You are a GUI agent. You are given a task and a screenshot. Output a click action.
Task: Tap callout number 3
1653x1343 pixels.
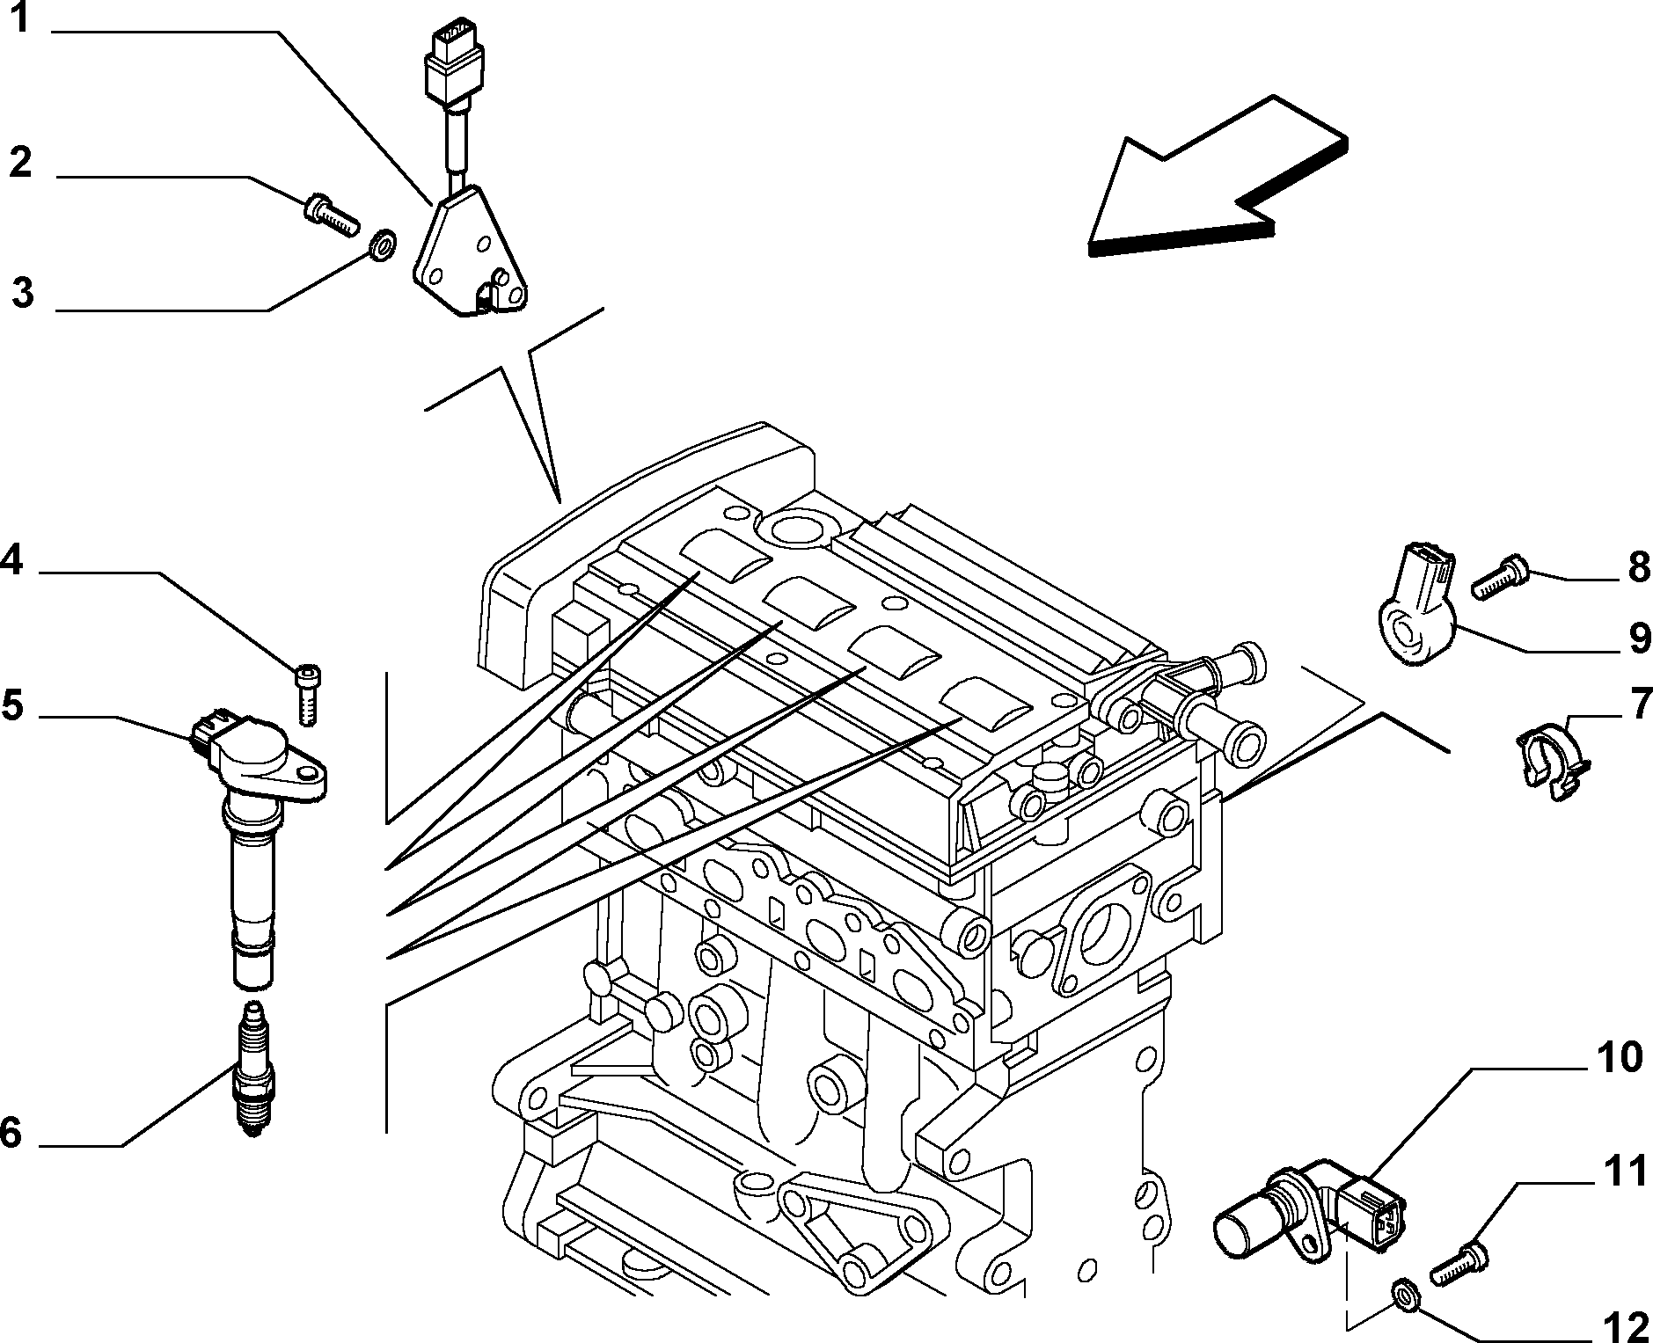tap(23, 293)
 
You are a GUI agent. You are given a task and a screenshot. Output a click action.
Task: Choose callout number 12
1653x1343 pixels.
tap(1625, 1326)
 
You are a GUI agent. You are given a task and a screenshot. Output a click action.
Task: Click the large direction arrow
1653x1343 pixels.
tap(1218, 175)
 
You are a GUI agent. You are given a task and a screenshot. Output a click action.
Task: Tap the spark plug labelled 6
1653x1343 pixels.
tap(253, 1070)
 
